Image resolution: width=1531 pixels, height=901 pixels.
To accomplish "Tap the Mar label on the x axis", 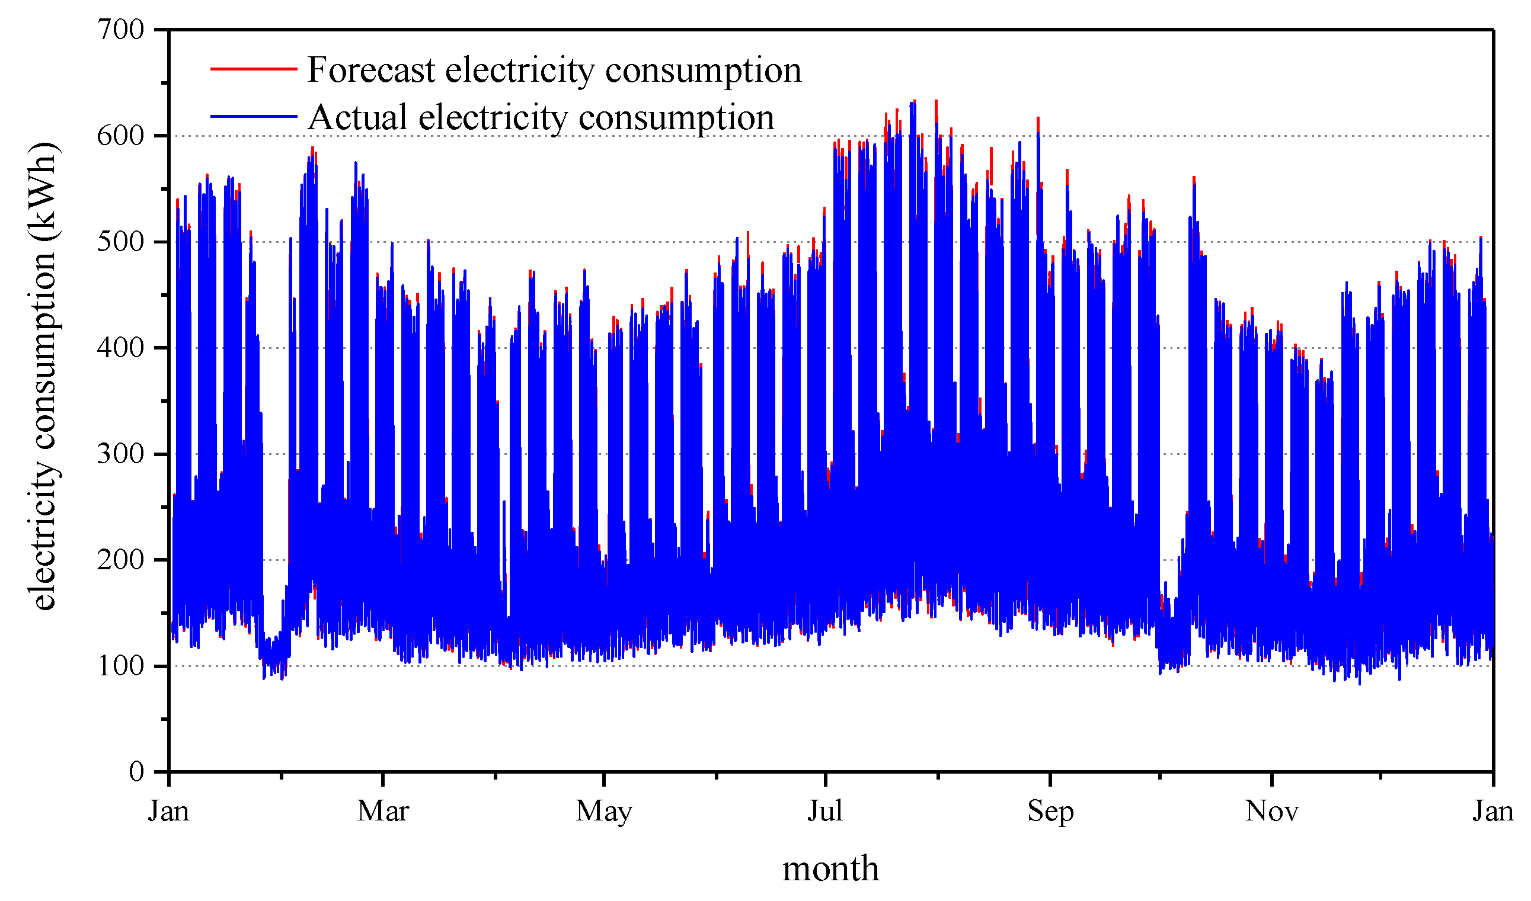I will tap(383, 811).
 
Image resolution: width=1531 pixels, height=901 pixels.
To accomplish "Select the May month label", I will tap(603, 811).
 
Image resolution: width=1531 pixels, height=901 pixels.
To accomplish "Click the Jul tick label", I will tap(825, 811).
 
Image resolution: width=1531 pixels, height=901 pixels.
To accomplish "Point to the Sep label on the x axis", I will tap(1050, 811).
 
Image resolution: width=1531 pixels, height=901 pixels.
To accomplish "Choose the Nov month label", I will tap(1271, 811).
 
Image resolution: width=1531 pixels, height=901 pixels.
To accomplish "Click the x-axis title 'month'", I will tap(830, 869).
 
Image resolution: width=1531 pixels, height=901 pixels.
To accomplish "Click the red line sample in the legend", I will tap(253, 69).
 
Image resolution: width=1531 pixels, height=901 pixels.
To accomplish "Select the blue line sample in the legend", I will tap(253, 116).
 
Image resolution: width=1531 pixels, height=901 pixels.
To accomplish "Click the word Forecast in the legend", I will tap(370, 70).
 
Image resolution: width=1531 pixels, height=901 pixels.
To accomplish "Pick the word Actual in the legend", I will tap(357, 117).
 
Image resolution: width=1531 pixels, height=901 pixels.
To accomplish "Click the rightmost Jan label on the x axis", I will tap(1492, 811).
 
